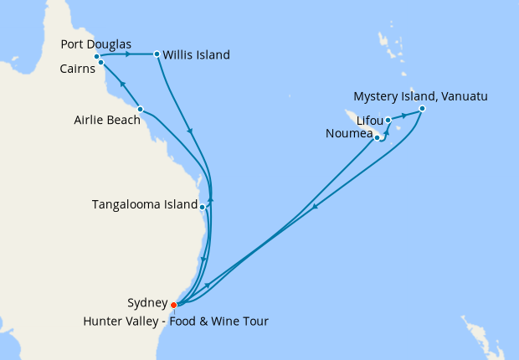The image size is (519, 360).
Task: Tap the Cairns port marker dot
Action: [100, 63]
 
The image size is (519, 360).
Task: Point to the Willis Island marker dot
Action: [157, 55]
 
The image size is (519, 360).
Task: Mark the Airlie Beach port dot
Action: [140, 109]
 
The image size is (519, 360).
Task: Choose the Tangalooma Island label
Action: [144, 203]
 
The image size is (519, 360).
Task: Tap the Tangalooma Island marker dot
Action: [202, 204]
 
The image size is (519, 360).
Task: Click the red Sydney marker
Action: [173, 305]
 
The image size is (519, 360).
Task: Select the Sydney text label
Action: [146, 304]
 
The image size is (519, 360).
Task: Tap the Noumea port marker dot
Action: [378, 137]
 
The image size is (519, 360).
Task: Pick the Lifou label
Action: [368, 120]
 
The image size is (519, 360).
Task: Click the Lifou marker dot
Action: [388, 121]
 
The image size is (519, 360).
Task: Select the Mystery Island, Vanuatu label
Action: [420, 95]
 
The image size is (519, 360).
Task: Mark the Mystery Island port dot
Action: [422, 108]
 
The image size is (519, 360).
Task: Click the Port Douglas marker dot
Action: [97, 56]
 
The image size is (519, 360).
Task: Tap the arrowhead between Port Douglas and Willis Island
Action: [128, 55]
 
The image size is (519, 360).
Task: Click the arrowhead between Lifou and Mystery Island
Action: [406, 114]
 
